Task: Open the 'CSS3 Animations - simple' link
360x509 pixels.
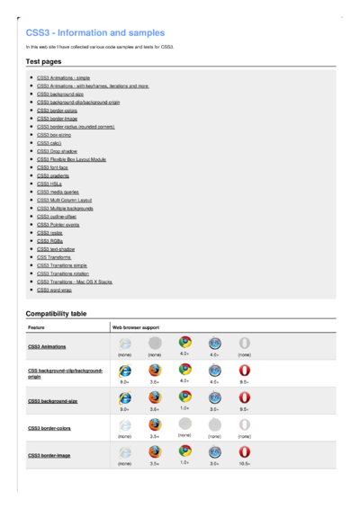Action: click(x=63, y=78)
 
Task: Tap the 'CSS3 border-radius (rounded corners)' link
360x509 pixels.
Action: click(x=76, y=127)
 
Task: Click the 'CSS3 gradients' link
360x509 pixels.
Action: click(x=52, y=175)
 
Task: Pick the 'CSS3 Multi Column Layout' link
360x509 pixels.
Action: click(x=65, y=200)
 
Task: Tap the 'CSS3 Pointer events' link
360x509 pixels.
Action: click(x=58, y=224)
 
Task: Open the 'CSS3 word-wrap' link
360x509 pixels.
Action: click(x=55, y=290)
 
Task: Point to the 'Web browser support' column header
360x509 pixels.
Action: click(x=135, y=328)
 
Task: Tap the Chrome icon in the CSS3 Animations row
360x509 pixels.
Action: click(x=184, y=343)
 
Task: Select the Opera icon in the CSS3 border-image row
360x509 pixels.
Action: click(x=244, y=451)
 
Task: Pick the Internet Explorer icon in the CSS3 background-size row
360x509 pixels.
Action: click(x=125, y=397)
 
